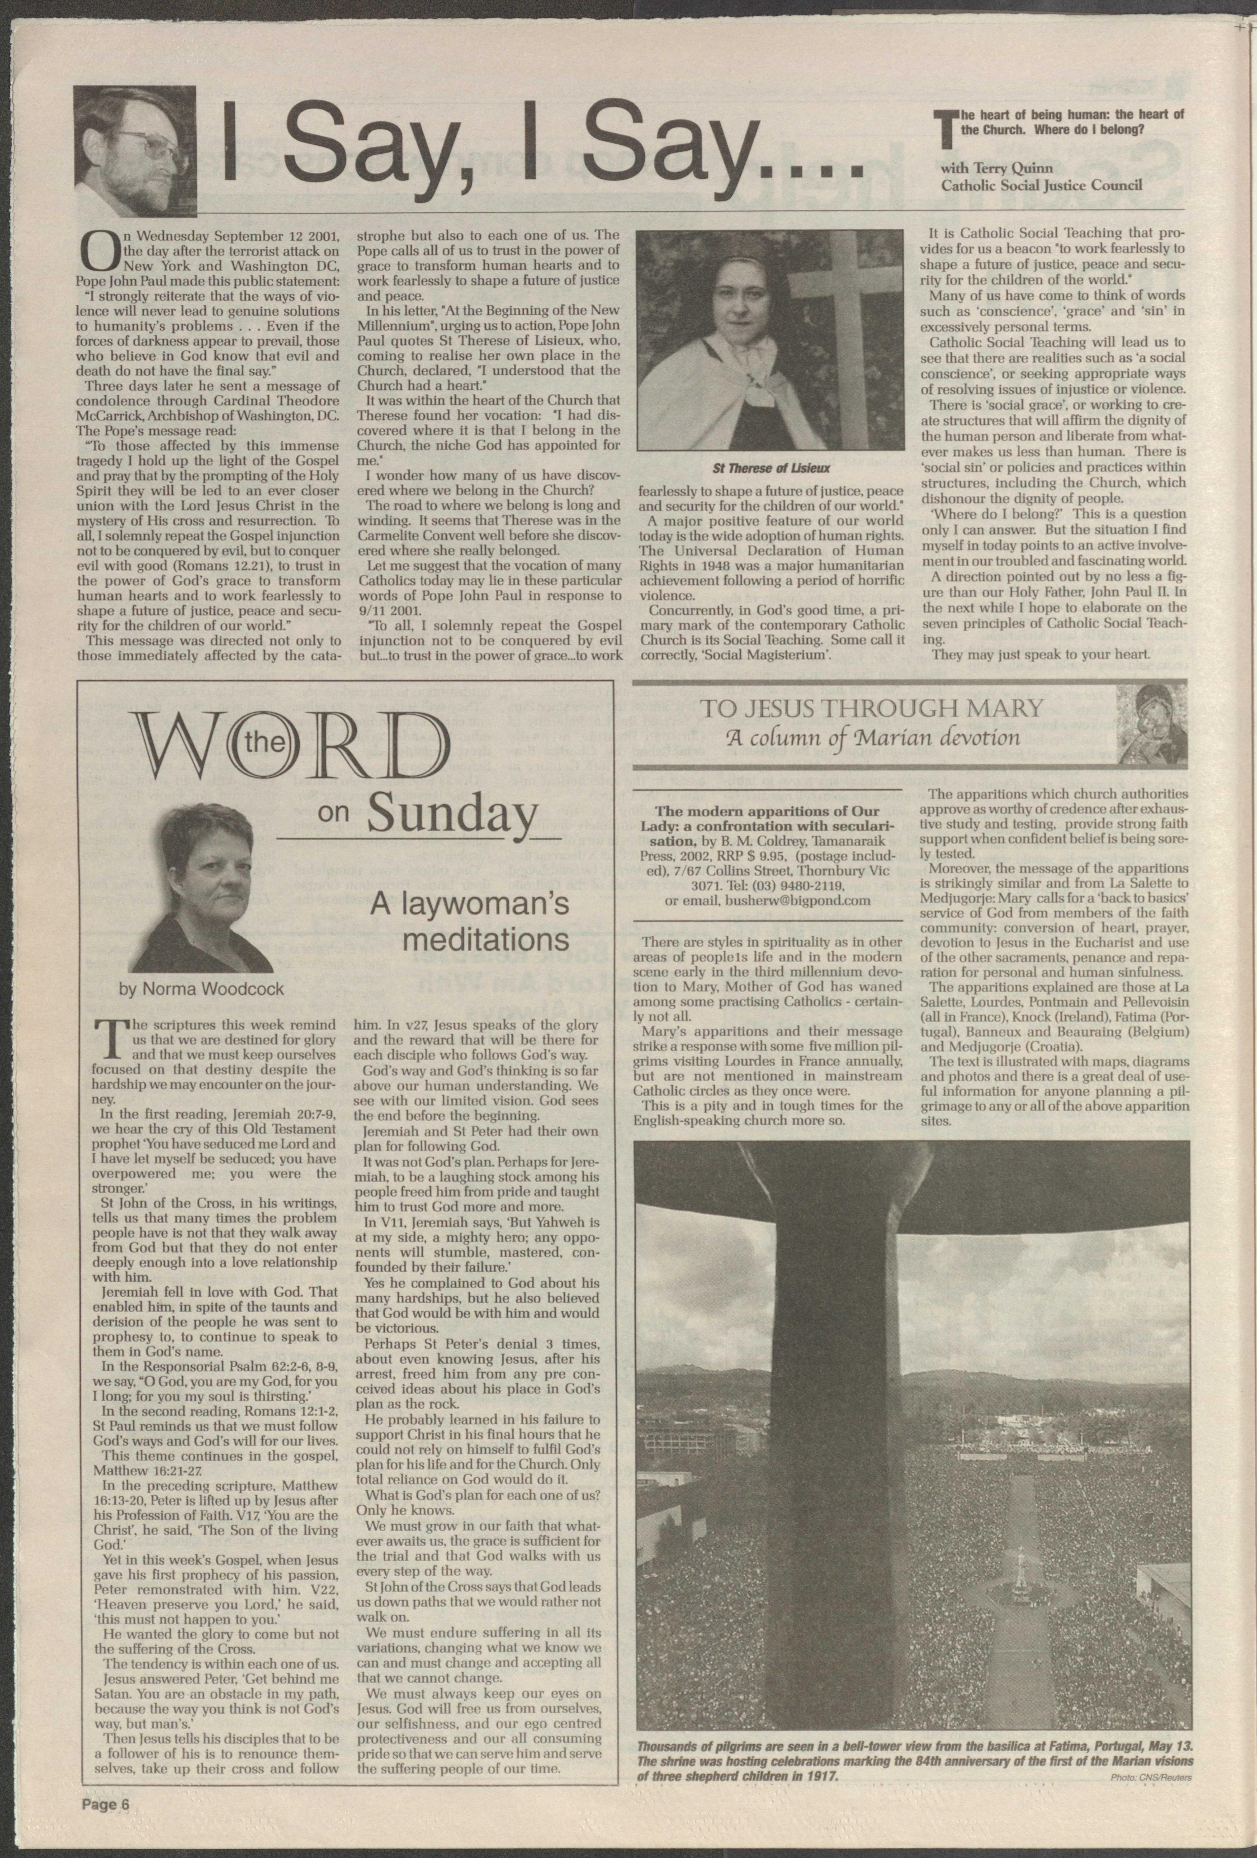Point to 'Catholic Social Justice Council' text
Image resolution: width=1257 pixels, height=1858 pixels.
[x=1043, y=186]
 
